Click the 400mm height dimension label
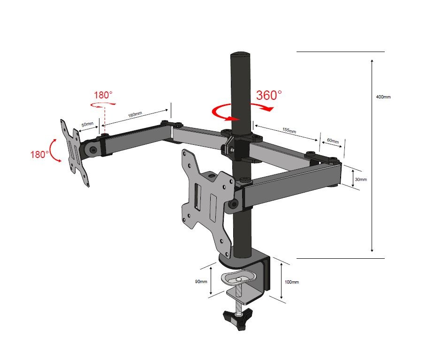coord(383,97)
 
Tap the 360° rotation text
coord(269,95)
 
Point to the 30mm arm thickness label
coord(361,180)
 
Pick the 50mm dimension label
coord(87,125)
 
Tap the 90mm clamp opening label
coord(201,282)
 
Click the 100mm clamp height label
coord(291,282)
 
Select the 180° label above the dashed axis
coord(103,95)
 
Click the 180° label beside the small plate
coord(40,154)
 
